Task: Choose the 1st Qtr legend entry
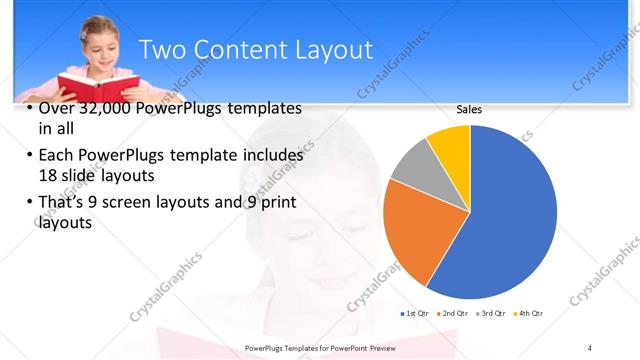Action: (414, 314)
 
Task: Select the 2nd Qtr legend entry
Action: (454, 314)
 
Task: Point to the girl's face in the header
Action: (98, 45)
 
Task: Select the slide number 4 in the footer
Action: (590, 347)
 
